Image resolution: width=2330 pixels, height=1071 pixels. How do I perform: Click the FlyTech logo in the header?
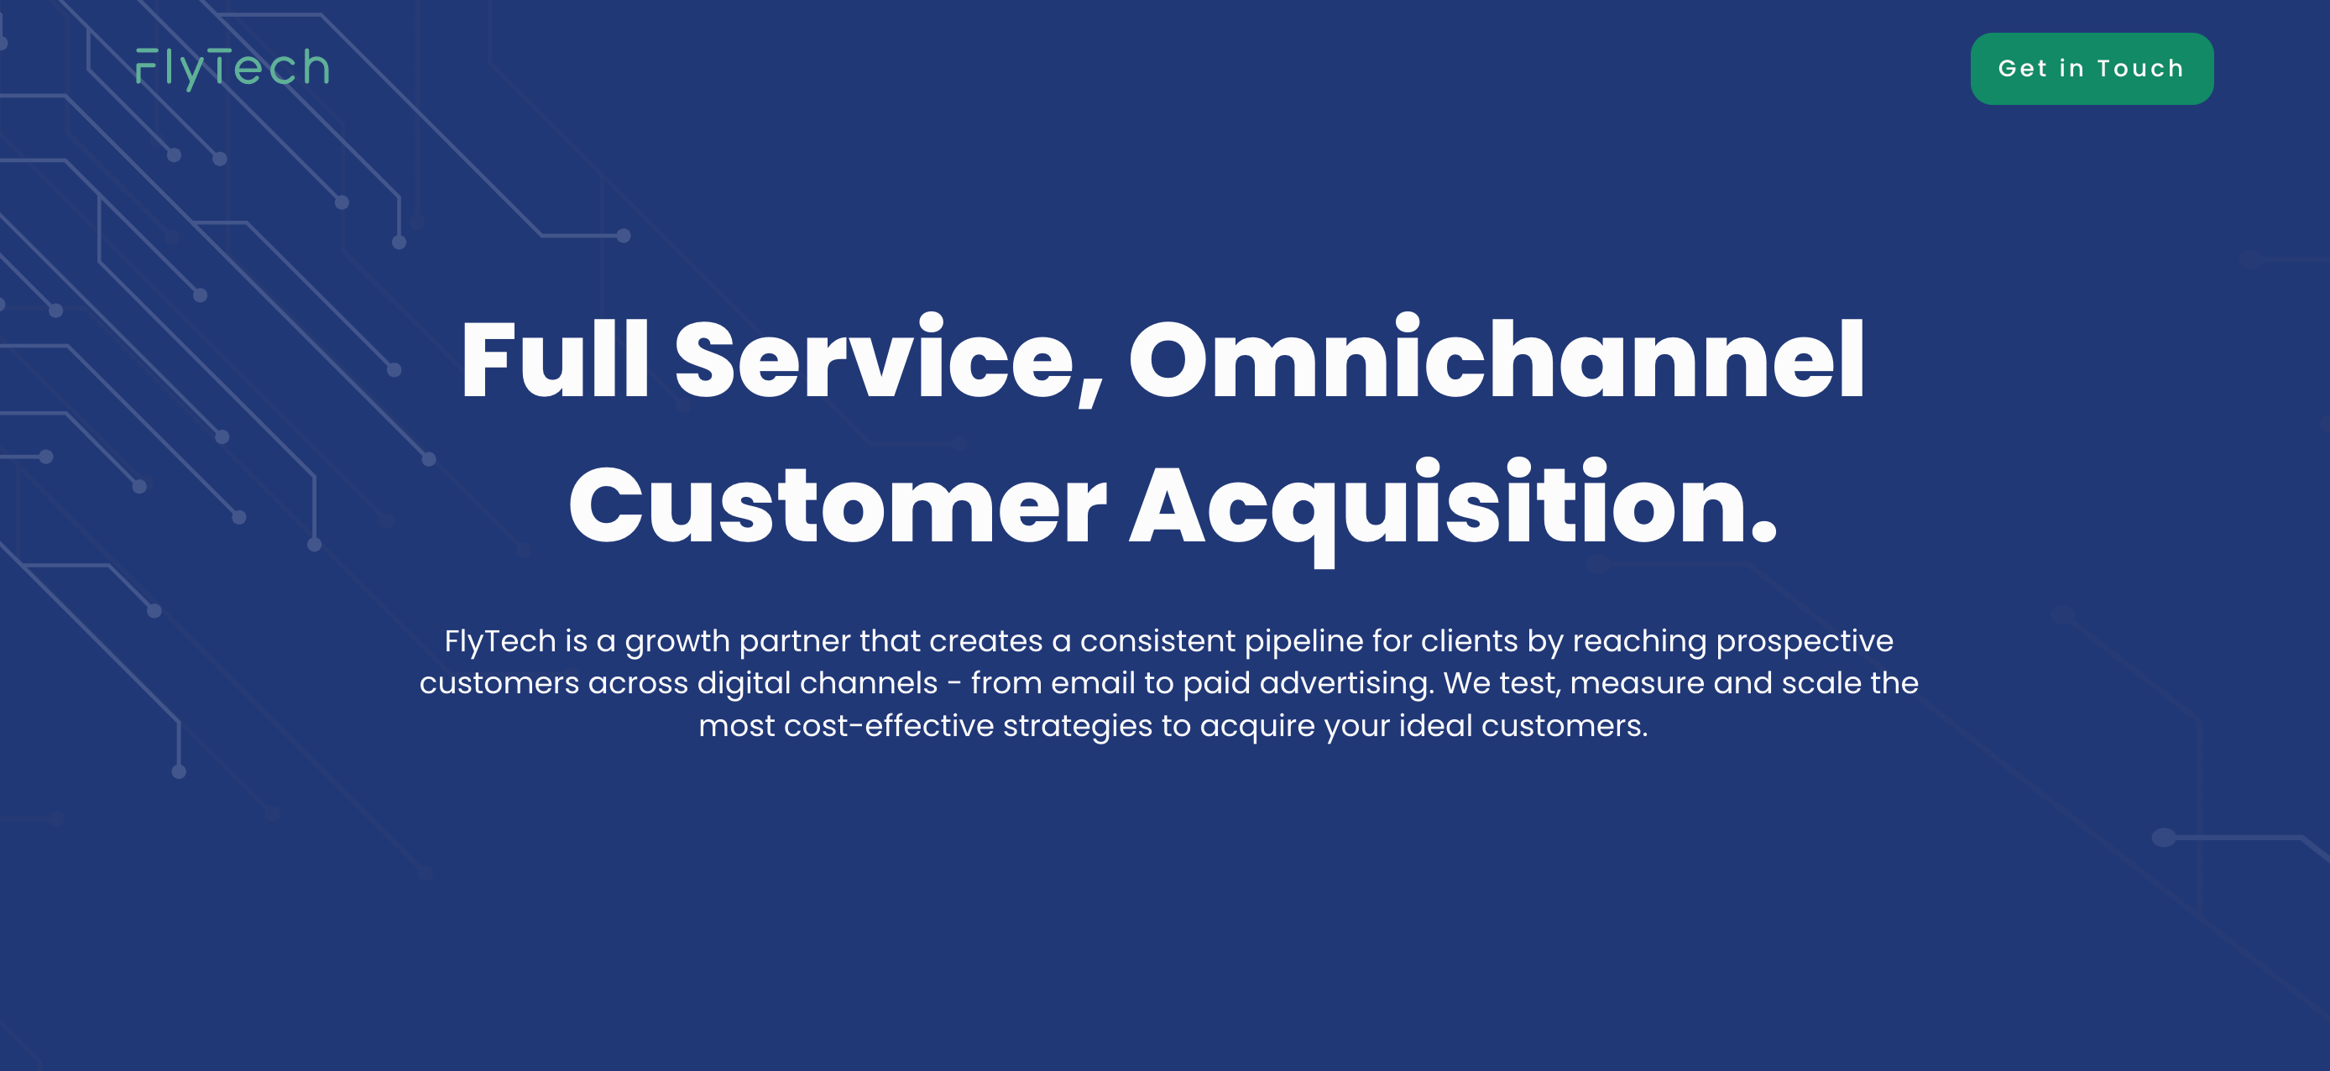click(232, 69)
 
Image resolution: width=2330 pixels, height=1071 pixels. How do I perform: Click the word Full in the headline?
click(555, 359)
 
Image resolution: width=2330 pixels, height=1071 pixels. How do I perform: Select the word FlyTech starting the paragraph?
click(500, 641)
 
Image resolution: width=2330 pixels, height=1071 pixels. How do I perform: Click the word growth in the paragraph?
click(677, 642)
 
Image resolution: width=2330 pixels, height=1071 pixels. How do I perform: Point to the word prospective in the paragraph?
click(1805, 641)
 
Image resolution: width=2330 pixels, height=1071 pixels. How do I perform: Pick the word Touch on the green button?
click(2140, 69)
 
